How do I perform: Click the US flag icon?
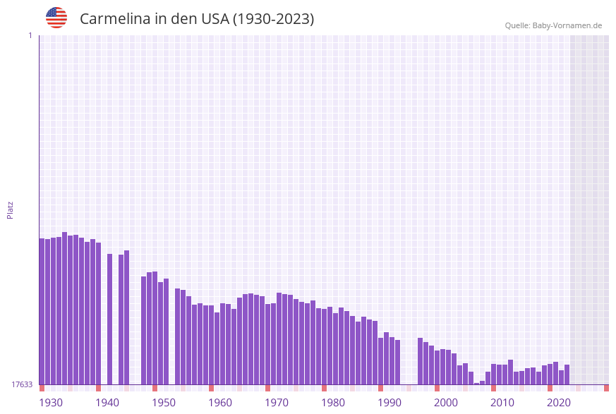[56, 18]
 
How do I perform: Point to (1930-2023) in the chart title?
[274, 19]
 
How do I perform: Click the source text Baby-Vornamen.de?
[567, 25]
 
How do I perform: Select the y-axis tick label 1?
[30, 35]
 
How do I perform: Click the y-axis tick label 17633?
[23, 384]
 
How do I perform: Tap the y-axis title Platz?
[11, 209]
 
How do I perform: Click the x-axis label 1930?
[51, 403]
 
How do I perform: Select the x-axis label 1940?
[107, 403]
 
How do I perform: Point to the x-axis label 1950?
[164, 403]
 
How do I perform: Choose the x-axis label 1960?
[220, 403]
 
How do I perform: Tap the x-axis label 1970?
[277, 403]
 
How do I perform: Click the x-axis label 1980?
[333, 403]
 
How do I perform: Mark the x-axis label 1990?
[389, 403]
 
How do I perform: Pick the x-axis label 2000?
[446, 403]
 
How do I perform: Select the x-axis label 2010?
[502, 403]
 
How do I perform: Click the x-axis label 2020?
[559, 403]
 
